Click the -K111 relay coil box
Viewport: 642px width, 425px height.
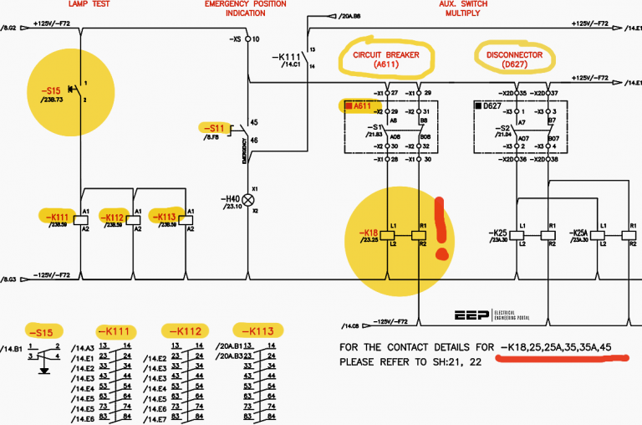81,219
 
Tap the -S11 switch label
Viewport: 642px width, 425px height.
216,128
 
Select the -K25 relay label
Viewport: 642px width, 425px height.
499,232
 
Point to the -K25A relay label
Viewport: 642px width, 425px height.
579,232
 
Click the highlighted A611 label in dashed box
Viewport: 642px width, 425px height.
360,106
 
